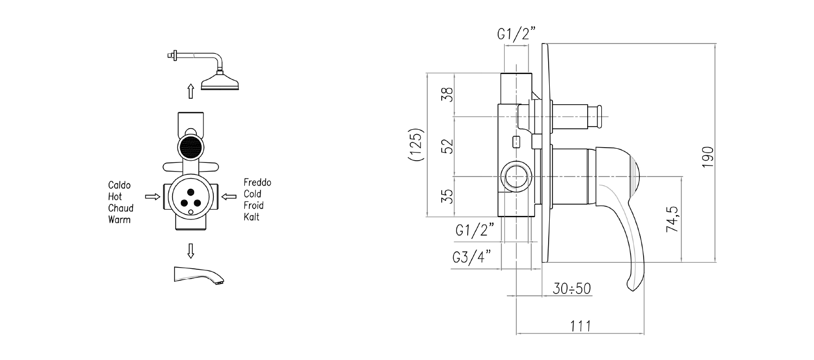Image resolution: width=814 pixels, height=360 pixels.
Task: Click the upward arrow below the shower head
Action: (190, 91)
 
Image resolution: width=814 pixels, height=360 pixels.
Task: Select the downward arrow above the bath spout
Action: (190, 251)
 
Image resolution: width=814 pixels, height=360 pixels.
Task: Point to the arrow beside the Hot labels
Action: (152, 197)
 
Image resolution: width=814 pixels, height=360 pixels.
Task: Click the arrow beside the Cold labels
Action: (229, 197)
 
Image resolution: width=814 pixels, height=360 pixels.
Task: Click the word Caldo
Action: (119, 185)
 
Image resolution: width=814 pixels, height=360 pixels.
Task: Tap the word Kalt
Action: (251, 217)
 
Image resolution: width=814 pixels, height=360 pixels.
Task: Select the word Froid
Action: (253, 205)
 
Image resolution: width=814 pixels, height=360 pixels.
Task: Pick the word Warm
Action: (119, 219)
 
